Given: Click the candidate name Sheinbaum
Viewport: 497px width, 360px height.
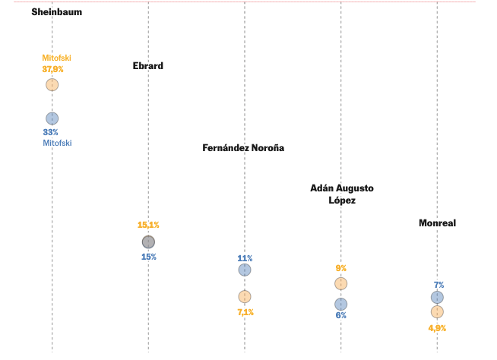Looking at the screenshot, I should [x=57, y=12].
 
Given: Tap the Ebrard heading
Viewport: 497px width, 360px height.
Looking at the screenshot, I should [x=148, y=65].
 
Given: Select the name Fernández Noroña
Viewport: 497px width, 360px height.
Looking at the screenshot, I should [x=243, y=148].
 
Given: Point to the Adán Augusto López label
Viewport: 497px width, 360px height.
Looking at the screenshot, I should [x=342, y=194].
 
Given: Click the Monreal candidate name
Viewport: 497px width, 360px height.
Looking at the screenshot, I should [x=437, y=223].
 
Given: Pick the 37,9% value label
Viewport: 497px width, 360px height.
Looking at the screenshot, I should [x=52, y=69].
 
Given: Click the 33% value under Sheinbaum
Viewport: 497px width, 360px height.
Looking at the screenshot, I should [x=51, y=132].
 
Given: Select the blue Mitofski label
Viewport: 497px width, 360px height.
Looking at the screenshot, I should [x=57, y=143].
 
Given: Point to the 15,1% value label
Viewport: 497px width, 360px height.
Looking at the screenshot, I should [x=148, y=225].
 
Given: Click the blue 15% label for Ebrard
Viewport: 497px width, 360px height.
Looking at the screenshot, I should [x=148, y=257].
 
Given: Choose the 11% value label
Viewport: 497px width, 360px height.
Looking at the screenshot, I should [x=245, y=258].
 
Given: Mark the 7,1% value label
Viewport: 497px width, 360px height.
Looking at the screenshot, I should [x=245, y=312].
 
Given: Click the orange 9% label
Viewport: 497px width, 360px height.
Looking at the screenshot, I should [x=341, y=268].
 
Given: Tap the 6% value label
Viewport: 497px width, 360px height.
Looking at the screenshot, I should [x=341, y=315].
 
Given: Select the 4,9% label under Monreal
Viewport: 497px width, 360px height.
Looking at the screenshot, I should [x=437, y=328].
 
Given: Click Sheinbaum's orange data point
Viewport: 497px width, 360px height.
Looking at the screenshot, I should [x=52, y=84].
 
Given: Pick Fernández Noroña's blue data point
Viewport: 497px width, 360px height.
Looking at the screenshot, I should [x=245, y=270].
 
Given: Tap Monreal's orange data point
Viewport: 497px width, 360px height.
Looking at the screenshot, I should [x=437, y=311].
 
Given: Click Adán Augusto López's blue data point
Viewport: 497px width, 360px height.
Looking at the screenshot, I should [x=341, y=304].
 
